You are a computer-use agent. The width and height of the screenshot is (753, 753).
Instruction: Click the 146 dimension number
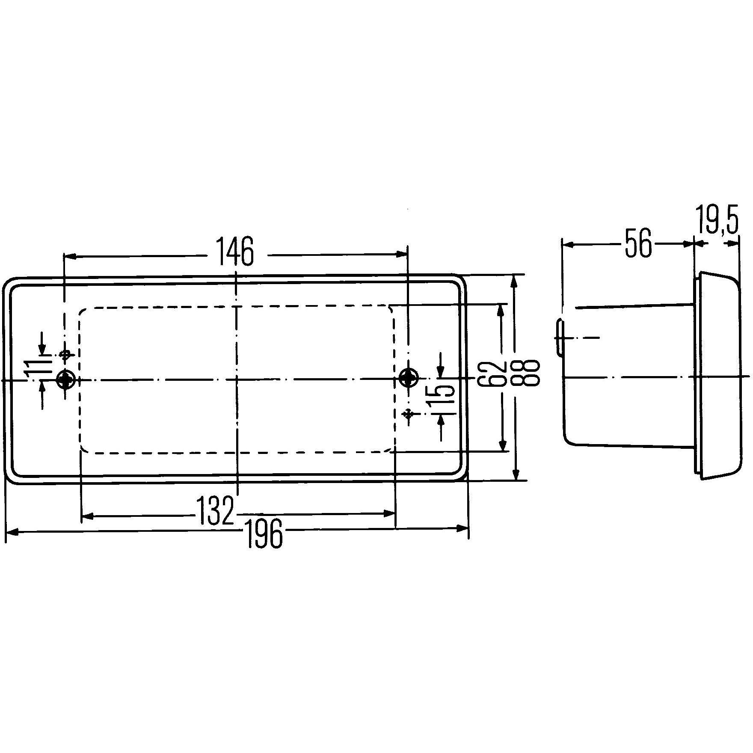235,252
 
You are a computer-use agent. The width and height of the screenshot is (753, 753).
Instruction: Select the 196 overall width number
265,533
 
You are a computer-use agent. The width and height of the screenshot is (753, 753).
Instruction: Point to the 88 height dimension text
531,374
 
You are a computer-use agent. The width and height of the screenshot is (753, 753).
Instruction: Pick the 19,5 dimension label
717,220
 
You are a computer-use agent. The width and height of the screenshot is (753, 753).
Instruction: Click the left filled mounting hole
65,379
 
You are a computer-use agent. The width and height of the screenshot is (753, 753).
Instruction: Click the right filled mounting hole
408,378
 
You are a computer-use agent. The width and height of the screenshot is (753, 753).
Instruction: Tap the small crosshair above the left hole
65,354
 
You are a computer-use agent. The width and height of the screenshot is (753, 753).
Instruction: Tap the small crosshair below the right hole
409,413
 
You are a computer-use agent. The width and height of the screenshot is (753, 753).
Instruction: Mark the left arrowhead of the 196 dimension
12,532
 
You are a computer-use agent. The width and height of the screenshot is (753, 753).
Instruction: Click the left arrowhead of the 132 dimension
87,517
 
